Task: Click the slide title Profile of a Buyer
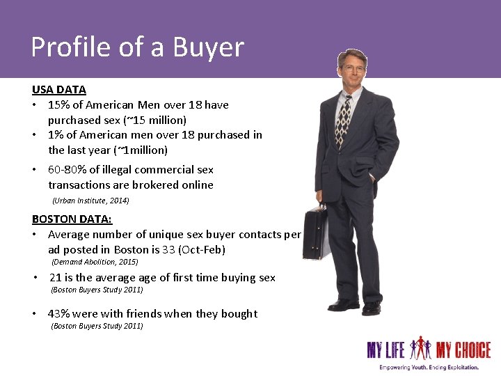coord(137,47)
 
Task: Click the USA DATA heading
coord(58,90)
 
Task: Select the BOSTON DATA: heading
coord(72,219)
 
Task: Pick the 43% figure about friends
coord(59,314)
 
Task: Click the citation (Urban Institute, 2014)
coord(90,201)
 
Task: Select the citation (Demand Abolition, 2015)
coord(95,263)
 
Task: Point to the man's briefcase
coord(315,233)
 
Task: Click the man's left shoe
coord(372,307)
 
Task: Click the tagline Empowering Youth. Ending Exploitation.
coord(429,367)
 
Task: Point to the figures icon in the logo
coord(421,347)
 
